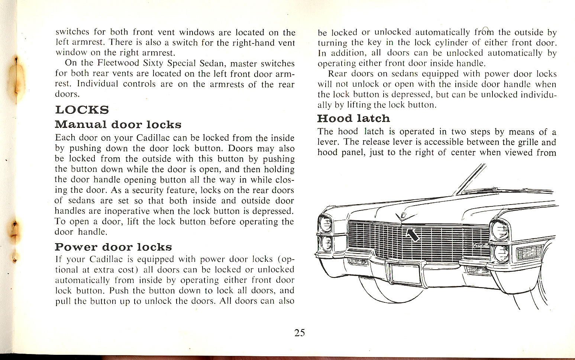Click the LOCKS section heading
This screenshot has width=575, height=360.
click(82, 110)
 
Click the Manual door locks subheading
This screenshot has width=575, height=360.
click(118, 124)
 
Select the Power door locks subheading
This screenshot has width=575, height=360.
click(113, 247)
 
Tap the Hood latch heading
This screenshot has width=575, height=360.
click(353, 119)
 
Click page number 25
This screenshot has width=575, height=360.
click(300, 333)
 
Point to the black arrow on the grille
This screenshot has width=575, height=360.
click(411, 234)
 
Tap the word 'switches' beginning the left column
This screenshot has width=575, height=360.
click(72, 32)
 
